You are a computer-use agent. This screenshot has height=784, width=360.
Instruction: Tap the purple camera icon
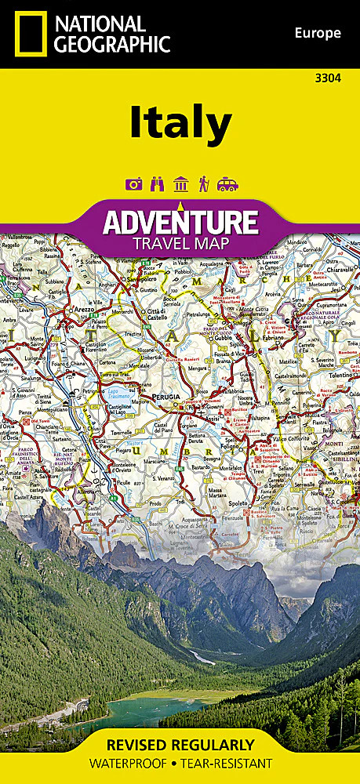[133, 184]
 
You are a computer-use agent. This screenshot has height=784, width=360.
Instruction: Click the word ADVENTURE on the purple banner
[180, 222]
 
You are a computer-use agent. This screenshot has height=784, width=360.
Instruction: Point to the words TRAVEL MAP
[180, 244]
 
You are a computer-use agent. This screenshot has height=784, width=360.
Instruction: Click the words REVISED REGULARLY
[180, 745]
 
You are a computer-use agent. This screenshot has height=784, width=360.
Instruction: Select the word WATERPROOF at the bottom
[128, 764]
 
